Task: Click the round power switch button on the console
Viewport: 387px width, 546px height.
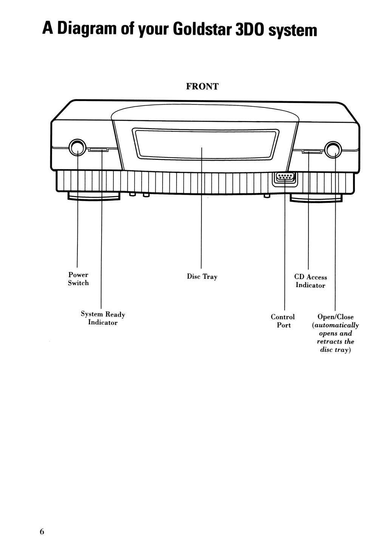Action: point(77,148)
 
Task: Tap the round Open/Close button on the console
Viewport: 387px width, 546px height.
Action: point(333,149)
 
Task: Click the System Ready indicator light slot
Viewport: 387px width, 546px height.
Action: point(99,150)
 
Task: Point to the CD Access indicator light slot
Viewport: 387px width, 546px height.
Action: point(312,152)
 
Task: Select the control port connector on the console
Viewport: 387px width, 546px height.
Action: point(285,177)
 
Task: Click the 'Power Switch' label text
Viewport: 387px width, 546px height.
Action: point(78,279)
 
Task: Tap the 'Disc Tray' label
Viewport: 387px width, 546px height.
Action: point(202,277)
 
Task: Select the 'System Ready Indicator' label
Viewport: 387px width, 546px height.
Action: point(103,318)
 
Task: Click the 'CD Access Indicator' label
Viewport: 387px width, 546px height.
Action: point(310,281)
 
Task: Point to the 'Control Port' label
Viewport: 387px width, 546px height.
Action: point(283,321)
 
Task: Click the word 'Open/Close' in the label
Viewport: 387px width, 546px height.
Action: point(336,317)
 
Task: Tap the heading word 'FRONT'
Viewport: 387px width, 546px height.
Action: point(202,87)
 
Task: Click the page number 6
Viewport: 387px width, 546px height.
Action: point(42,531)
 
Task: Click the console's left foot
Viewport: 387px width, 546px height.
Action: point(94,196)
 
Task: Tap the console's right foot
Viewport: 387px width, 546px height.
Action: point(316,198)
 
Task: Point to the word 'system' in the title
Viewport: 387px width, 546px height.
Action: point(293,30)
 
